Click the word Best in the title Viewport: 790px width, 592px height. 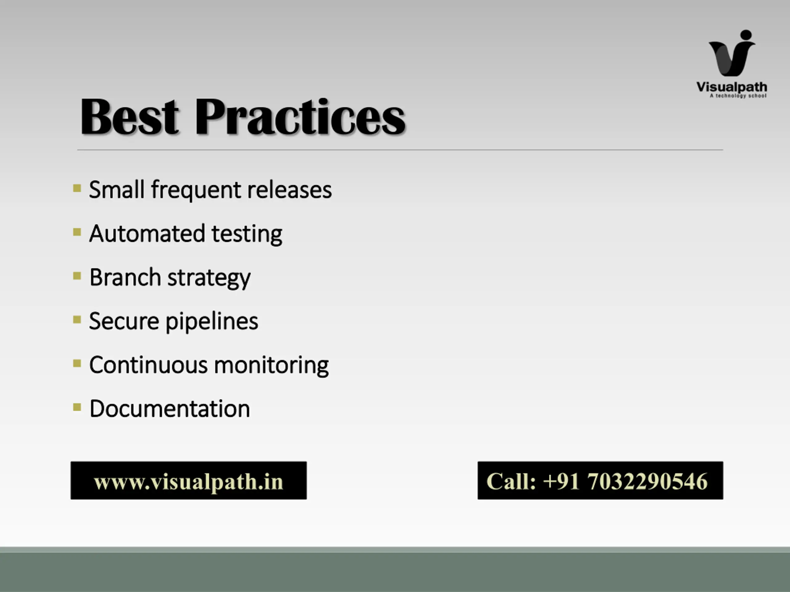click(x=129, y=116)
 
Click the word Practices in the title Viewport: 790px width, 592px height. click(x=300, y=116)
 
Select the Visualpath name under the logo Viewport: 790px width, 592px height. click(x=732, y=87)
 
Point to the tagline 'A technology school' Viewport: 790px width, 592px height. click(x=738, y=96)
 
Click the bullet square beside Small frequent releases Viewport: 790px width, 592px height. click(x=77, y=188)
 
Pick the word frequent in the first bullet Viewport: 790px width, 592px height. click(x=196, y=190)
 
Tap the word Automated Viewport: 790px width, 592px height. click(x=147, y=234)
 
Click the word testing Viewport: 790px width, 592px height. click(x=247, y=234)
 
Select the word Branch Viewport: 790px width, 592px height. click(x=125, y=277)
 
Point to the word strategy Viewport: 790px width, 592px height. click(x=209, y=279)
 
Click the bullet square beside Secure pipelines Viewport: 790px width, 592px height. click(x=77, y=319)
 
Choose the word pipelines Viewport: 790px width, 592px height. click(x=212, y=322)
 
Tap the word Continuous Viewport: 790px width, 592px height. click(x=148, y=365)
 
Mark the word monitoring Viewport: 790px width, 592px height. click(x=272, y=366)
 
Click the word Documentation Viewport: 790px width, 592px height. click(x=170, y=409)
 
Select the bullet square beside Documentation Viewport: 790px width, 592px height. click(x=77, y=407)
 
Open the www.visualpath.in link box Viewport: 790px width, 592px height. click(x=189, y=480)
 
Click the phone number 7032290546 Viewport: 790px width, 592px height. click(x=647, y=481)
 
